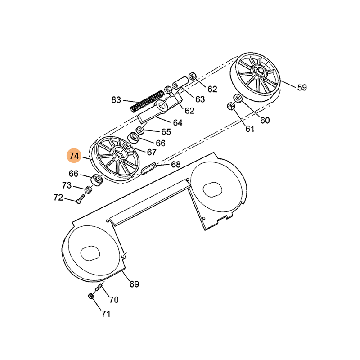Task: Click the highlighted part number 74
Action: pos(74,156)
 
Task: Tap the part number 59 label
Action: pos(302,87)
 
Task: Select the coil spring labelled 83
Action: pos(147,101)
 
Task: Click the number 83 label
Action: pos(116,100)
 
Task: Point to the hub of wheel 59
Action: pos(261,70)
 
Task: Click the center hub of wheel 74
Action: pos(119,151)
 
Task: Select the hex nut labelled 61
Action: pos(230,106)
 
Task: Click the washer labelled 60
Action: pos(238,98)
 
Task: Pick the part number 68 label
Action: pos(176,164)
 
